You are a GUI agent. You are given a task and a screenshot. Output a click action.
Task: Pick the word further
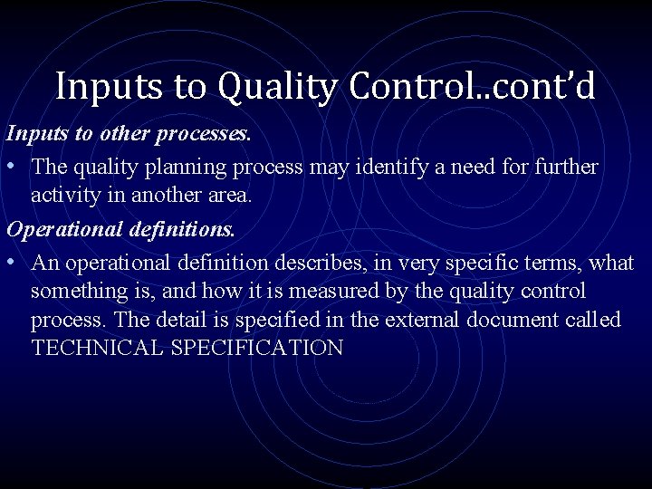pyautogui.click(x=565, y=168)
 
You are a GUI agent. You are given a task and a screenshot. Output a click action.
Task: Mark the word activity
pyautogui.click(x=64, y=196)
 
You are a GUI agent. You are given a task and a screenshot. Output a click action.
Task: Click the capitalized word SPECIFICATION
pyautogui.click(x=254, y=349)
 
